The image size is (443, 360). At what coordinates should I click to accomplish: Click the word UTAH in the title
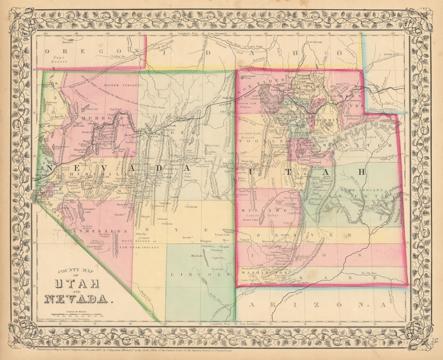tap(77, 283)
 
